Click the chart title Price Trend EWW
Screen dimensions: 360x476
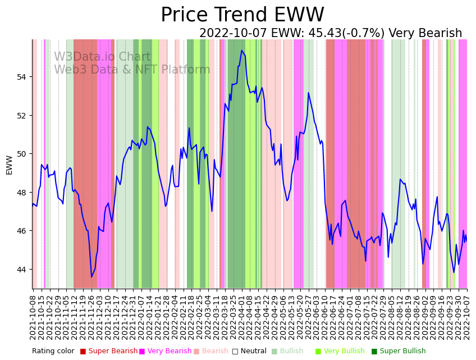pos(242,15)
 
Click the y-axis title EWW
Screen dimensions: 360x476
pos(9,165)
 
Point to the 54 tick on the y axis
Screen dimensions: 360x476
pos(22,77)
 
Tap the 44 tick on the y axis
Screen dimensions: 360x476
pos(22,270)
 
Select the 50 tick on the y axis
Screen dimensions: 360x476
pos(22,154)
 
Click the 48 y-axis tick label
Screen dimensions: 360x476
pos(22,193)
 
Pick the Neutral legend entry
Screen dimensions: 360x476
pos(250,352)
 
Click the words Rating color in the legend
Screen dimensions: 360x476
pos(53,352)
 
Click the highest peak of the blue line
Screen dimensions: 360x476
pos(242,51)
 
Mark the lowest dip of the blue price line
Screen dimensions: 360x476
pos(91,277)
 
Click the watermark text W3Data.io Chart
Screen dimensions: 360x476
pos(102,57)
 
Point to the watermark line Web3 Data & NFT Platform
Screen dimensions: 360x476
pos(132,70)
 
